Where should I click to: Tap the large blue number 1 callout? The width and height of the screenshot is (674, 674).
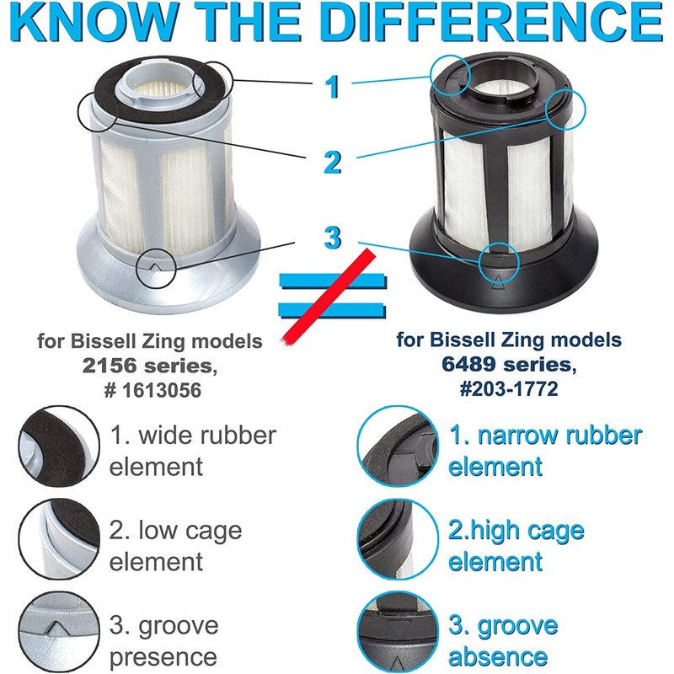pyautogui.click(x=332, y=87)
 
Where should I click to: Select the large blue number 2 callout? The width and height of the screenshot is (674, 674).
pyautogui.click(x=332, y=163)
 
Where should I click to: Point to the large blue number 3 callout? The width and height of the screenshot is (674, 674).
pyautogui.click(x=333, y=238)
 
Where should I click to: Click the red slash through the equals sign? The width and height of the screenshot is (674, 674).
pyautogui.click(x=328, y=297)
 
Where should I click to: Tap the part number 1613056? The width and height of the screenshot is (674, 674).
pyautogui.click(x=162, y=390)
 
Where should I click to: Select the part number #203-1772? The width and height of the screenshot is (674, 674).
pyautogui.click(x=509, y=388)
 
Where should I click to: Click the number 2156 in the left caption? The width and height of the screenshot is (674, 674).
pyautogui.click(x=110, y=366)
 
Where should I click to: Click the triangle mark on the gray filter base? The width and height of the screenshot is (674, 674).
pyautogui.click(x=156, y=267)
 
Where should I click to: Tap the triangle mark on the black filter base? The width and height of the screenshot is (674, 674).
pyautogui.click(x=498, y=282)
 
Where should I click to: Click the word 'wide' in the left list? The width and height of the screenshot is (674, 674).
pyautogui.click(x=163, y=435)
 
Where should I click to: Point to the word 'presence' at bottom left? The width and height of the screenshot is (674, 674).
pyautogui.click(x=163, y=657)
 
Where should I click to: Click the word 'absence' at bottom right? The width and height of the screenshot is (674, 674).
pyautogui.click(x=498, y=657)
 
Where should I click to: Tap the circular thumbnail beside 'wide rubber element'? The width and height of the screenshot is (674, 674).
pyautogui.click(x=59, y=447)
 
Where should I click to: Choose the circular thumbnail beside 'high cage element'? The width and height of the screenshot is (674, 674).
pyautogui.click(x=398, y=540)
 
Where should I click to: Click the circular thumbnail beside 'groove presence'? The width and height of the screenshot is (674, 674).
pyautogui.click(x=59, y=632)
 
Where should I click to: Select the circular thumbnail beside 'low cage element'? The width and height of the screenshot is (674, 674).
pyautogui.click(x=59, y=539)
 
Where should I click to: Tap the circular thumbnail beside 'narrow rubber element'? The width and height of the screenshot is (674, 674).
pyautogui.click(x=398, y=447)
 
